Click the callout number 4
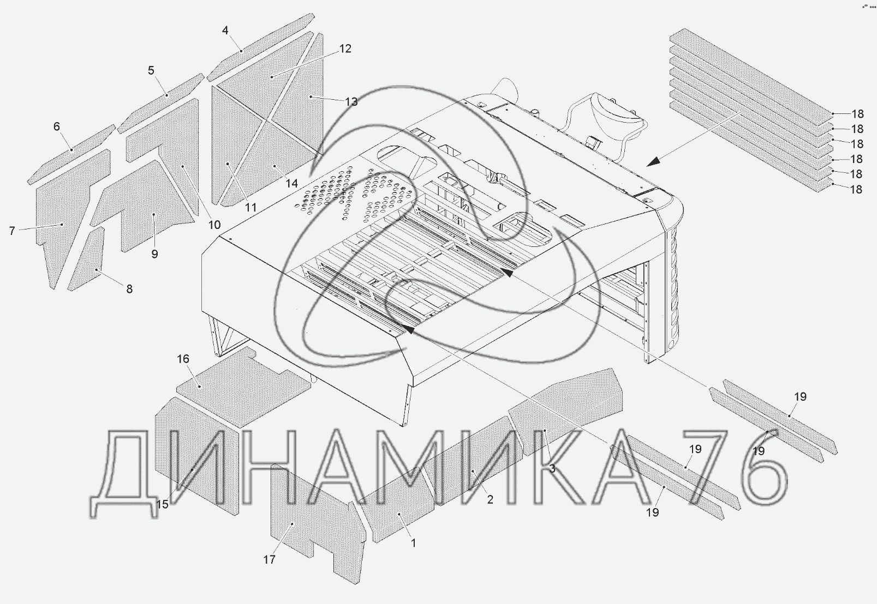coord(225,31)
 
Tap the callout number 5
coord(151,70)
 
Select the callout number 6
coord(57,127)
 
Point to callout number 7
coord(12,231)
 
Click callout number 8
coord(129,289)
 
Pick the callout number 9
coord(154,254)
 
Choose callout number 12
coord(345,49)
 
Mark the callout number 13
coord(351,102)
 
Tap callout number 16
coord(183,359)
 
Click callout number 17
coord(269,559)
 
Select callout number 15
coord(162,504)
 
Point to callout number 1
coord(414,543)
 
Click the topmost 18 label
coord(857,114)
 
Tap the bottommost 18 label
coord(857,190)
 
